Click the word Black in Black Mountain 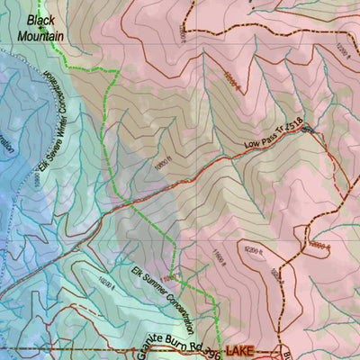pyautogui.click(x=40, y=19)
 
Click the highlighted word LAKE pyautogui.click(x=241, y=349)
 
